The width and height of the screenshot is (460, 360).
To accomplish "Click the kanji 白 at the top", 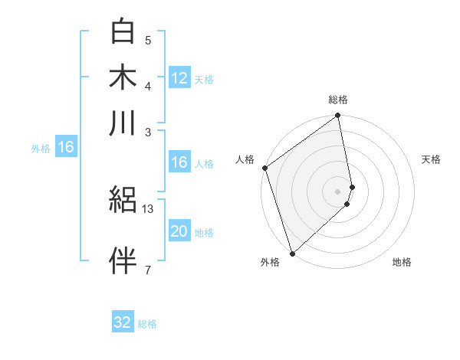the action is [x=123, y=31].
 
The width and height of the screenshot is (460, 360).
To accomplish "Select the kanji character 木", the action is [x=123, y=77].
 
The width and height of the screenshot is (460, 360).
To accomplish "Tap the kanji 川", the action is [x=123, y=123].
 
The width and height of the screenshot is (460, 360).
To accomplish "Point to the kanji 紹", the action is [x=123, y=201].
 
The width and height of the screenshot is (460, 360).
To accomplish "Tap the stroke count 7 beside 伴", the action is [x=148, y=270].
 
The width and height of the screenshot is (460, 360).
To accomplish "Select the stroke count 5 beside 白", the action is [x=148, y=41].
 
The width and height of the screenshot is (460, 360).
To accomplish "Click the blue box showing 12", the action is [x=179, y=77].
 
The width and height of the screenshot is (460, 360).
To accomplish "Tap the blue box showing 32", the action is [x=123, y=322].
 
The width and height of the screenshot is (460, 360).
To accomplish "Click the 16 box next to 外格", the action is [x=66, y=147].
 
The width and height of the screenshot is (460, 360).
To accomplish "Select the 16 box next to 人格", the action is [x=179, y=162].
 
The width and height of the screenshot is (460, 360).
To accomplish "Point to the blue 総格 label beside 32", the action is [x=147, y=324].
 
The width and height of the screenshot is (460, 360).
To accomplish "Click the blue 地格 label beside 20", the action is [x=204, y=233].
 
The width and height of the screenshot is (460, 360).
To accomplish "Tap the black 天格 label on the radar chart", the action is [x=431, y=159].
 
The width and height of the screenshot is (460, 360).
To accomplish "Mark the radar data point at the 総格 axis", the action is [x=337, y=116].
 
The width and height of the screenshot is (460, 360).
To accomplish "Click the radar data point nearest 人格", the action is [x=264, y=168].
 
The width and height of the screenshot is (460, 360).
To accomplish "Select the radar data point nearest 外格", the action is [x=292, y=252].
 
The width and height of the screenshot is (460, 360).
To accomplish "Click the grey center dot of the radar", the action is [x=337, y=191].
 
